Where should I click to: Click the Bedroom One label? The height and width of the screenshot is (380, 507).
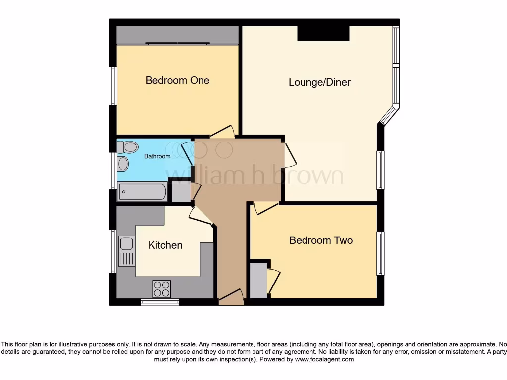coord(177,80)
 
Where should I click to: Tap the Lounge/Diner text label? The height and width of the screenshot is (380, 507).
coord(319,82)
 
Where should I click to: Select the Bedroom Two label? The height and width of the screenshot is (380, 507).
coord(321,240)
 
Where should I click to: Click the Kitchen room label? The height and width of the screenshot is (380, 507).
coord(165,245)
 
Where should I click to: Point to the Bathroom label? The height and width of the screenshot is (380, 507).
coord(157,156)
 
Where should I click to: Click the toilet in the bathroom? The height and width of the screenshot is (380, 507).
coord(128,146)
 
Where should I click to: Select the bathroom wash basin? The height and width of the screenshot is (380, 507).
coord(123,164)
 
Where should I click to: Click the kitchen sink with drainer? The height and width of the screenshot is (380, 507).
coord(127,251)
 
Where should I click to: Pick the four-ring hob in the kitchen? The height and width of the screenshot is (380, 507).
coord(162,288)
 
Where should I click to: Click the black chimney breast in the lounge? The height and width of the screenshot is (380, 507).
coord(323,33)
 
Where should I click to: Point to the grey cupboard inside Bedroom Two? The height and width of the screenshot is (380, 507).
coord(258,281)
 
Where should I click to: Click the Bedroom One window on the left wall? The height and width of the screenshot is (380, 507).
coord(113,86)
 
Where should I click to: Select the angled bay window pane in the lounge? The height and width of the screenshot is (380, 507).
coord(389,115)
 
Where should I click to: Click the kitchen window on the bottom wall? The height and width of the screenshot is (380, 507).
coord(160,302)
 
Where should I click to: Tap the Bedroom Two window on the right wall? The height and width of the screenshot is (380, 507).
coord(380,253)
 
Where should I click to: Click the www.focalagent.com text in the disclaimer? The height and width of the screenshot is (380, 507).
coord(324,360)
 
